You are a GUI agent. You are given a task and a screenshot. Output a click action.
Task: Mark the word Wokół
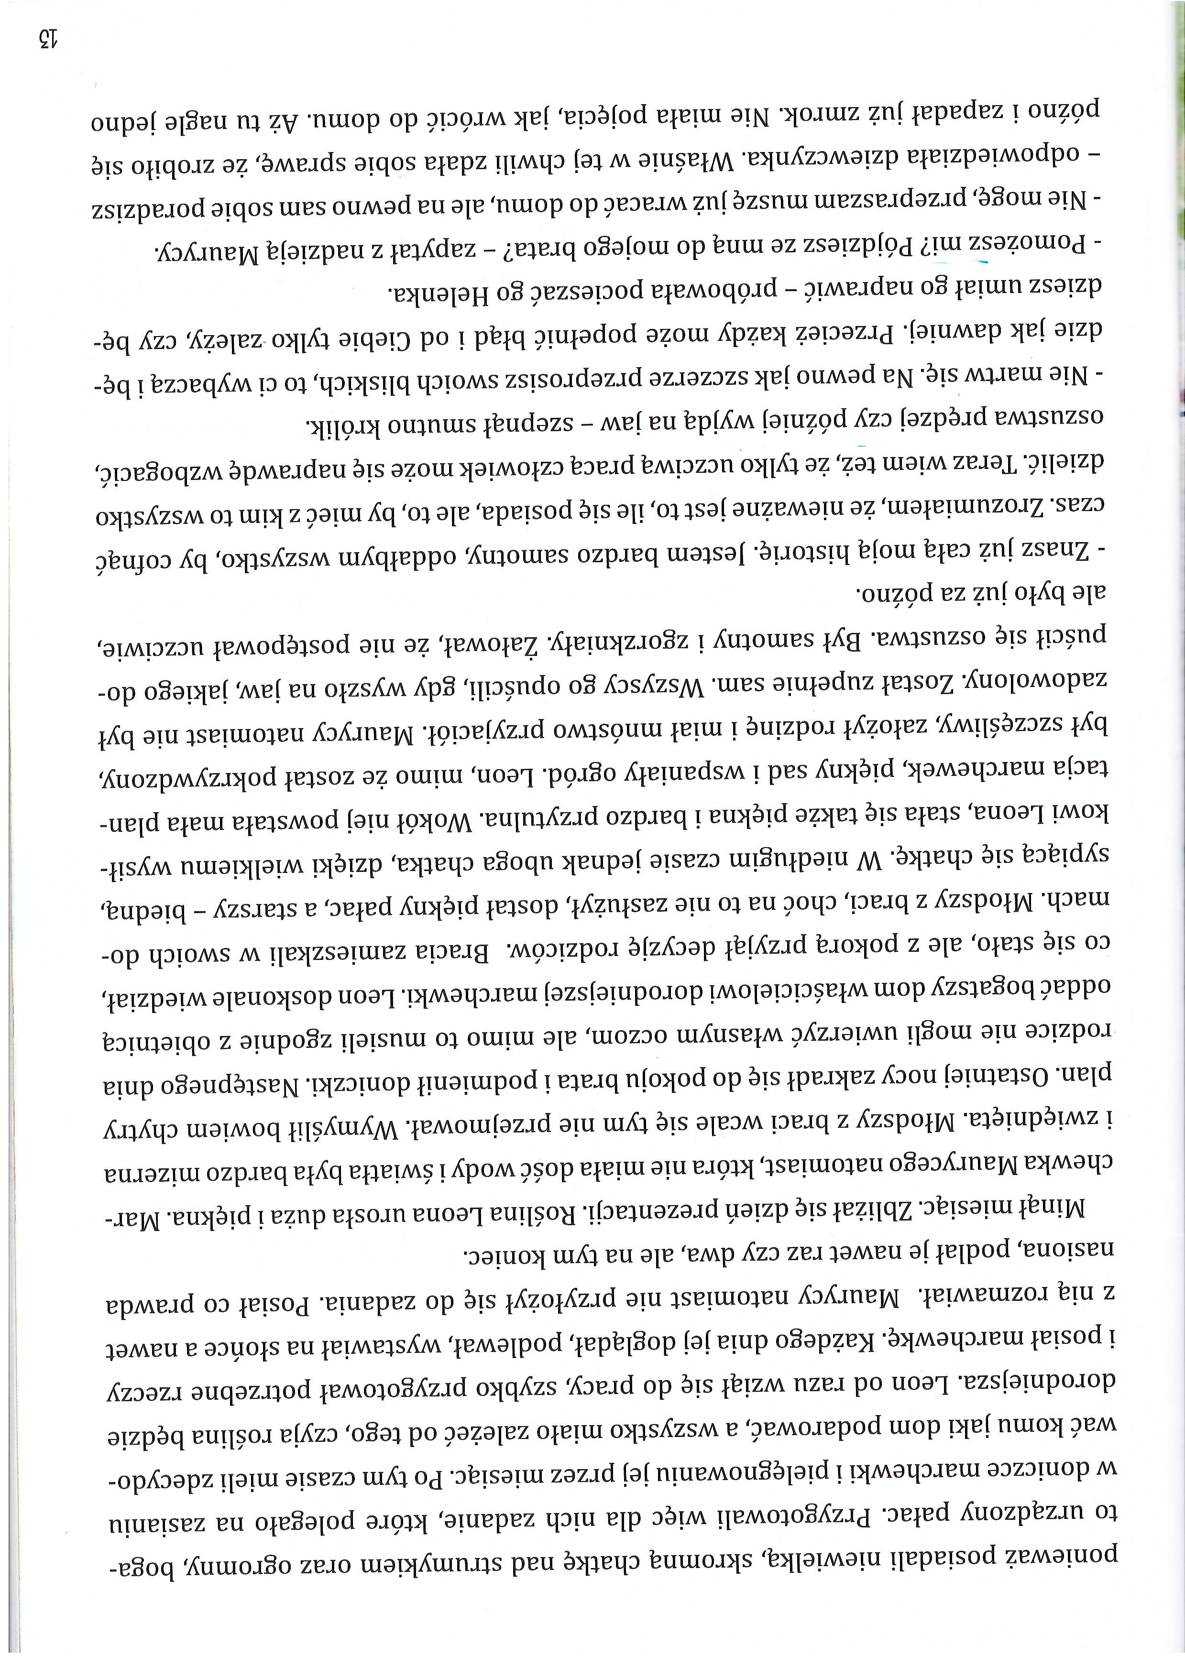[439, 816]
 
